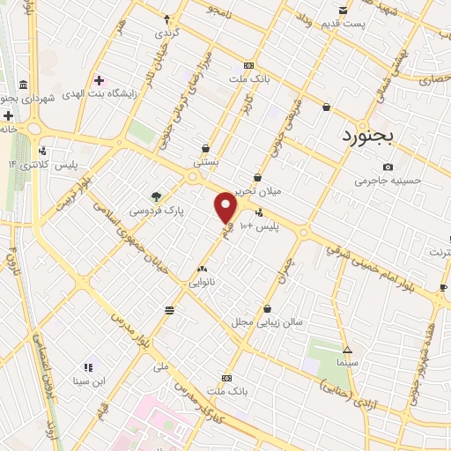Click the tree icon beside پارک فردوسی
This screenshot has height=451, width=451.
pyautogui.click(x=156, y=196)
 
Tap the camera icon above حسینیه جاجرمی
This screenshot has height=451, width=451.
pyautogui.click(x=388, y=167)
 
